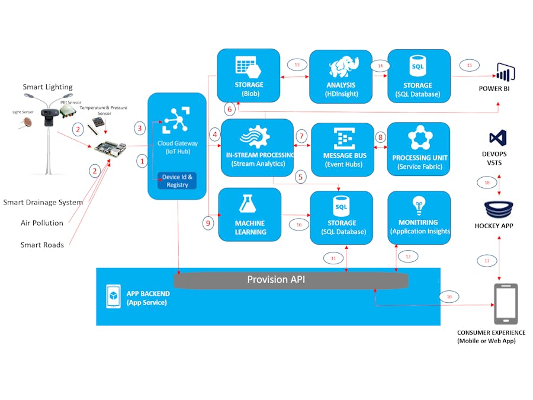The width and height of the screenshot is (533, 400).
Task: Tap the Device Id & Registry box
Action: pyautogui.click(x=176, y=181)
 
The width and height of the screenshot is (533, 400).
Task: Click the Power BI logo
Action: pyautogui.click(x=505, y=72)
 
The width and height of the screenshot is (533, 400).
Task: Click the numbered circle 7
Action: pyautogui.click(x=301, y=136)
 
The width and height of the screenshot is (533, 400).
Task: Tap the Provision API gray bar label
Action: pyautogui.click(x=276, y=280)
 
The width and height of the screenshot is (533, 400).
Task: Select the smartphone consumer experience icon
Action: pyautogui.click(x=505, y=303)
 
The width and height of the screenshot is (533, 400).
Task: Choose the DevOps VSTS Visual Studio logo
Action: pyautogui.click(x=497, y=138)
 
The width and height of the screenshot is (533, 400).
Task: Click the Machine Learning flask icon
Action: pyautogui.click(x=249, y=204)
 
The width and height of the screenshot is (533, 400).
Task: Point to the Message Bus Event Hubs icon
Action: pyautogui.click(x=343, y=139)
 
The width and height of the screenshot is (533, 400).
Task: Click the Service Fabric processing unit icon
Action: pyautogui.click(x=419, y=137)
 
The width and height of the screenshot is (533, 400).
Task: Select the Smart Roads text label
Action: pyautogui.click(x=42, y=244)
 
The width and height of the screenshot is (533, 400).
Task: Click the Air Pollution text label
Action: pyautogui.click(x=42, y=223)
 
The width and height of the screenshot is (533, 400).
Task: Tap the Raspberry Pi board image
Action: pyautogui.click(x=109, y=148)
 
